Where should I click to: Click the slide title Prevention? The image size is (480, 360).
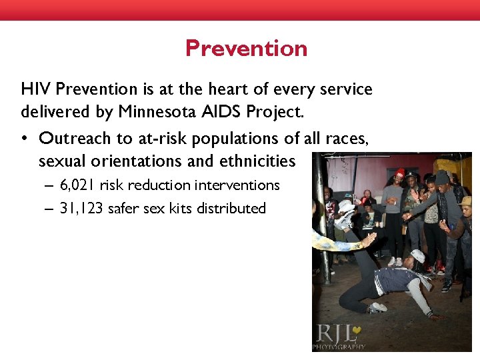pyautogui.click(x=246, y=49)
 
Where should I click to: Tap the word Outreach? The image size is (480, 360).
pyautogui.click(x=71, y=138)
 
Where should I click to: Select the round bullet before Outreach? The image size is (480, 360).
pyautogui.click(x=24, y=139)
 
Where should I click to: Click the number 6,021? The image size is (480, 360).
pyautogui.click(x=77, y=185)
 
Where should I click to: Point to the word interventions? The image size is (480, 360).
pyautogui.click(x=237, y=185)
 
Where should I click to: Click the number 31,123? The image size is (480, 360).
pyautogui.click(x=81, y=208)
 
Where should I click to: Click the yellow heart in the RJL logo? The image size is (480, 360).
pyautogui.click(x=359, y=331)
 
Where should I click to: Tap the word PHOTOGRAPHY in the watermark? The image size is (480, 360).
pyautogui.click(x=339, y=347)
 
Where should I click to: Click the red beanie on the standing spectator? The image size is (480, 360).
pyautogui.click(x=400, y=173)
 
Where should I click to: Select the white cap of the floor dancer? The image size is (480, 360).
pyautogui.click(x=417, y=256)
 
